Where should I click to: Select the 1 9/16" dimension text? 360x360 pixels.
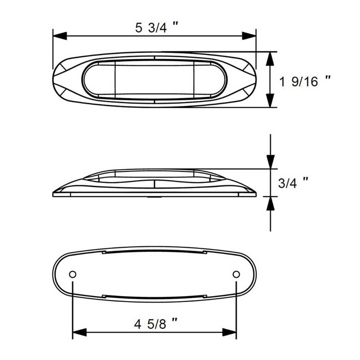305,82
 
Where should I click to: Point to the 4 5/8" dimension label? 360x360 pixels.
156,325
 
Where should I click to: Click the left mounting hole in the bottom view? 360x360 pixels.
73,274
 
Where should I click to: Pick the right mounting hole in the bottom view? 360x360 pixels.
236,274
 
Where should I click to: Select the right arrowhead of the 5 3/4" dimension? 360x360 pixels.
249,36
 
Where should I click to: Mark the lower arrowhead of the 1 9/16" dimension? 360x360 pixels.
270,100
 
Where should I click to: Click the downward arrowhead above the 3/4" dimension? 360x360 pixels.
270,162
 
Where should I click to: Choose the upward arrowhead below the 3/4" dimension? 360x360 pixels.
270,204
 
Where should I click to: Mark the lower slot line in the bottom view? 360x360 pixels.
154,297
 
